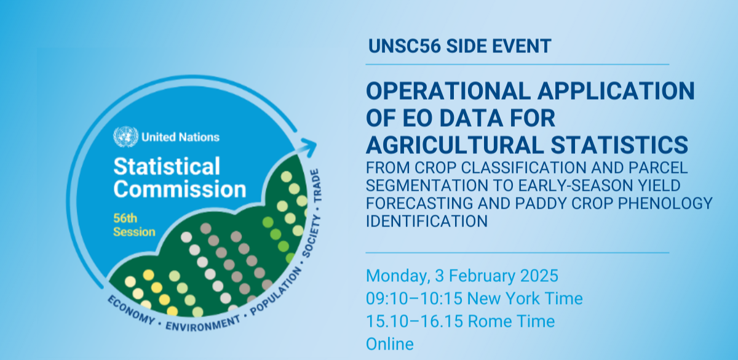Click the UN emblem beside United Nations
[x=125, y=137]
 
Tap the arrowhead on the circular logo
[x=308, y=147]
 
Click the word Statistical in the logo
[x=167, y=166]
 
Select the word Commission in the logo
[x=180, y=189]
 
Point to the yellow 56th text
[x=125, y=218]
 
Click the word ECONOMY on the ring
[x=131, y=310]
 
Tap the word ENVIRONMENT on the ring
[x=203, y=324]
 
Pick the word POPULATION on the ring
[x=276, y=291]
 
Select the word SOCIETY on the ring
[x=311, y=236]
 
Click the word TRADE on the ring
[x=316, y=186]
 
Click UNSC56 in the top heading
[x=404, y=46]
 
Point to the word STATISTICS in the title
[x=619, y=145]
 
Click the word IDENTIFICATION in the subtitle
[x=427, y=221]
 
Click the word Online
[x=390, y=344]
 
